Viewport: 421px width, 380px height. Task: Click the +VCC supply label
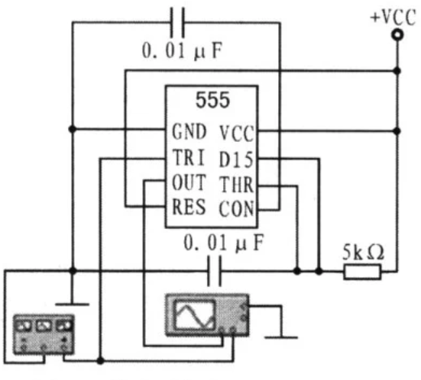tap(393, 18)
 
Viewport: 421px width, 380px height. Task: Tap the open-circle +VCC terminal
tap(397, 35)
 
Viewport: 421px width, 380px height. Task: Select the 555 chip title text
tap(212, 100)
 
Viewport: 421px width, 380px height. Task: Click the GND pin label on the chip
tap(189, 131)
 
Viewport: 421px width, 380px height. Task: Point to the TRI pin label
tap(189, 158)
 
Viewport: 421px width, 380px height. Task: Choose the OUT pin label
tap(189, 182)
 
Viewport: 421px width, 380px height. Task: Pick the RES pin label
tap(189, 207)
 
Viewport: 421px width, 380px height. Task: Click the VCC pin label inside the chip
tap(237, 134)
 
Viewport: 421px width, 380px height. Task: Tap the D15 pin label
tap(236, 159)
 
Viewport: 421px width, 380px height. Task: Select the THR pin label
tap(237, 185)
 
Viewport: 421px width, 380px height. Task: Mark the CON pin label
tap(236, 209)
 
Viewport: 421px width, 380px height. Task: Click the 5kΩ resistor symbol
tap(362, 272)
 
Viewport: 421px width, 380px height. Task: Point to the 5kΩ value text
tap(363, 253)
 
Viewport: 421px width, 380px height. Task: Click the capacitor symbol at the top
tap(178, 23)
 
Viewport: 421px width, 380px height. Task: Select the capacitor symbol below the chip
tap(215, 271)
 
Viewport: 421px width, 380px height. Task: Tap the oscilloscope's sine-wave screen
tap(195, 314)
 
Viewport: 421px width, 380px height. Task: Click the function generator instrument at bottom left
tap(44, 334)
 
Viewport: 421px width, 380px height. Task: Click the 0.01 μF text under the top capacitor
tap(182, 50)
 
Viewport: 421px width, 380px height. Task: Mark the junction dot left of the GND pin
tap(73, 129)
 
